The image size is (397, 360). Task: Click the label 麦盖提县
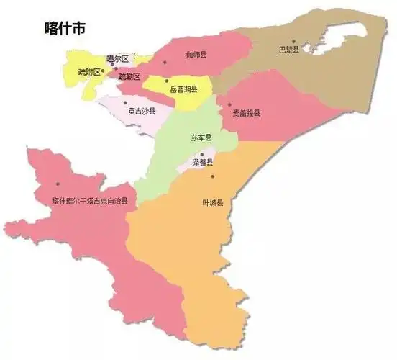pos(246,113)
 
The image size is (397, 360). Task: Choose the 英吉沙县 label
pos(142,111)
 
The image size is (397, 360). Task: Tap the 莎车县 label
pos(201,137)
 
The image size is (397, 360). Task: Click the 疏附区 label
pos(92,72)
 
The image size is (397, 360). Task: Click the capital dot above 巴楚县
pos(293,42)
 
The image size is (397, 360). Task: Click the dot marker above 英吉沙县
pos(130,102)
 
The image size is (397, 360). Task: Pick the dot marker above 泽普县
pos(203,153)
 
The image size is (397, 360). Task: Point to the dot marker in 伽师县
pos(165,62)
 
